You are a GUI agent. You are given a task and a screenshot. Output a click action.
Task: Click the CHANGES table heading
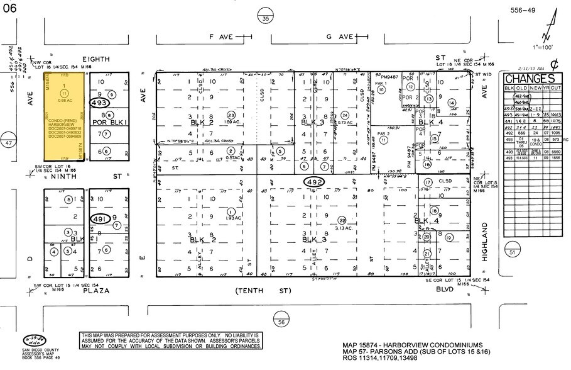530,79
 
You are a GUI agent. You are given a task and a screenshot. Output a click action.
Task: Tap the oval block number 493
99,102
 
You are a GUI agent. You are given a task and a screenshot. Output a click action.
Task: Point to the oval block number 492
316,182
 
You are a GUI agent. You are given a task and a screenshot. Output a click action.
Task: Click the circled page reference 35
266,20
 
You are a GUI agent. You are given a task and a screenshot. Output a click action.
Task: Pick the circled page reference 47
8,143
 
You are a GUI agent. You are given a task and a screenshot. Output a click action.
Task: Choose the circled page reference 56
281,322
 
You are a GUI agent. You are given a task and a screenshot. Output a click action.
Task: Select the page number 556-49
523,10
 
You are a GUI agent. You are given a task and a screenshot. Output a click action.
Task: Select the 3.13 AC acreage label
342,228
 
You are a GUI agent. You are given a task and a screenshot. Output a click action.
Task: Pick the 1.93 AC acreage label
231,218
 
